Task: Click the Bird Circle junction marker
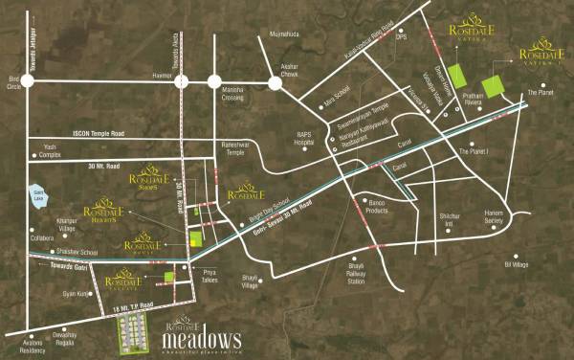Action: coord(28,83)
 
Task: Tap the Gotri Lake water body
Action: coord(39,192)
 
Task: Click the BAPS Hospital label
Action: coord(305,138)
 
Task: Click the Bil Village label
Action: coord(516,263)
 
